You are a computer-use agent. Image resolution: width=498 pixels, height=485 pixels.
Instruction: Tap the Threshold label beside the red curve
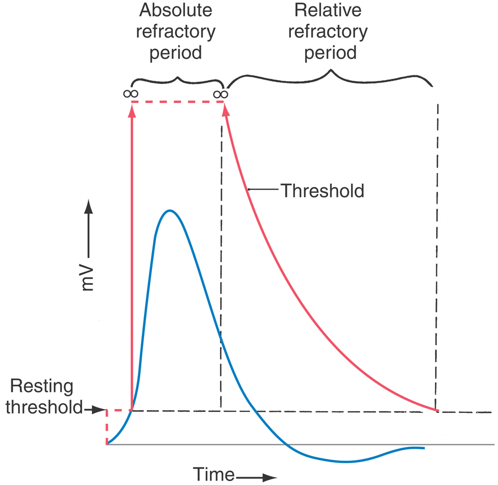(322, 190)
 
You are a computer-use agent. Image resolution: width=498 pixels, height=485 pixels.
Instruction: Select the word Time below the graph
(214, 474)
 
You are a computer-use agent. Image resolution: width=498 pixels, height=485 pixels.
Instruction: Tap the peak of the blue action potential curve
(169, 210)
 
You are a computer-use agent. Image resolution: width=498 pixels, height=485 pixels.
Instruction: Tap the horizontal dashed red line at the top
(177, 102)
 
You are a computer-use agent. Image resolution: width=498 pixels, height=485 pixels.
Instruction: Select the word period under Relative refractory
(331, 53)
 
